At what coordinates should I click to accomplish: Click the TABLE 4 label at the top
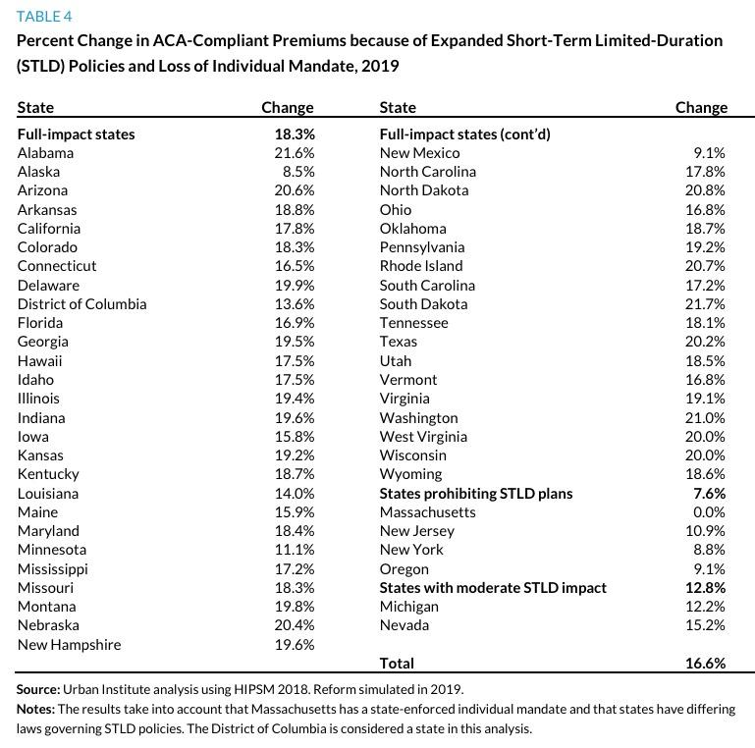coord(44,17)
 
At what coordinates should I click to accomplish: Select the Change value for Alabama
coord(294,152)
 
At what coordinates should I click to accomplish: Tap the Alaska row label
coord(38,171)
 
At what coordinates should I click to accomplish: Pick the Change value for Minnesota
coord(294,550)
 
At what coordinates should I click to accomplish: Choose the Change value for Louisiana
coord(294,493)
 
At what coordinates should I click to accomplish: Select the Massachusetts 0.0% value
coord(708,511)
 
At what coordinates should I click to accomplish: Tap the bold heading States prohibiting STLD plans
coord(475,493)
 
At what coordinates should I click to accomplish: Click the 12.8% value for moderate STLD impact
coord(705,587)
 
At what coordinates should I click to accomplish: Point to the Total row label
coord(397,664)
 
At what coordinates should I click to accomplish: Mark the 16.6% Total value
coord(705,664)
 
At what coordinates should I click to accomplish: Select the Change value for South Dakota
coord(705,303)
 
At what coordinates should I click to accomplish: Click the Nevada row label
coord(404,625)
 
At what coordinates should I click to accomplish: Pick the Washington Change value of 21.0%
coord(705,417)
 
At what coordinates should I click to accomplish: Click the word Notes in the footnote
coord(36,708)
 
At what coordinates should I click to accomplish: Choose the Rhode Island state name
coord(420,265)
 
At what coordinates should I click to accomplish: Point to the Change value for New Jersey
coord(705,530)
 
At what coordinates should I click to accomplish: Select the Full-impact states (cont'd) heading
coord(463,134)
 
